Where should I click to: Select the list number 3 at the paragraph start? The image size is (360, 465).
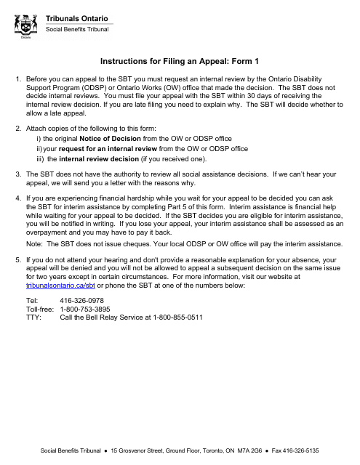[x=17, y=174]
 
